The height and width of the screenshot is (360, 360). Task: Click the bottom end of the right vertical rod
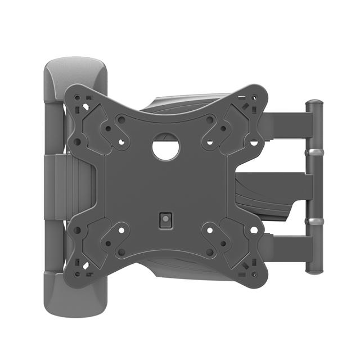[x=314, y=268]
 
